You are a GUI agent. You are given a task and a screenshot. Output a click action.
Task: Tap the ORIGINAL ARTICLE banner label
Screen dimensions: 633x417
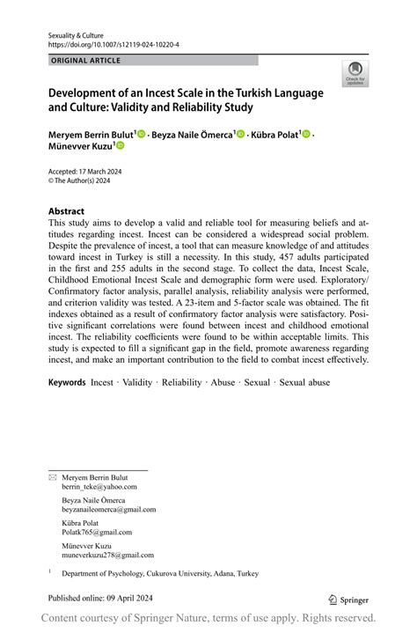click(x=86, y=61)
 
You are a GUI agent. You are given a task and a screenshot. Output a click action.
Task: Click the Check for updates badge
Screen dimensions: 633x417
click(x=355, y=73)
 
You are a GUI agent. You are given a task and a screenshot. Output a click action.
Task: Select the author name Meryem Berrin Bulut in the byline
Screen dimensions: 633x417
click(x=91, y=134)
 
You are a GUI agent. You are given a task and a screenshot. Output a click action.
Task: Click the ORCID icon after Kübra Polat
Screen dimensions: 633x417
click(x=307, y=134)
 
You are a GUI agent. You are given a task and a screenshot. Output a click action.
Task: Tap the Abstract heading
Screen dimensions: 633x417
click(x=66, y=212)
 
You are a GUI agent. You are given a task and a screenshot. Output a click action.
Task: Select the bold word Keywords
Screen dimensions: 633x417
click(x=67, y=383)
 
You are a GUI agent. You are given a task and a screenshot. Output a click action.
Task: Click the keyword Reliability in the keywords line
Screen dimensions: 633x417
click(x=182, y=383)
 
